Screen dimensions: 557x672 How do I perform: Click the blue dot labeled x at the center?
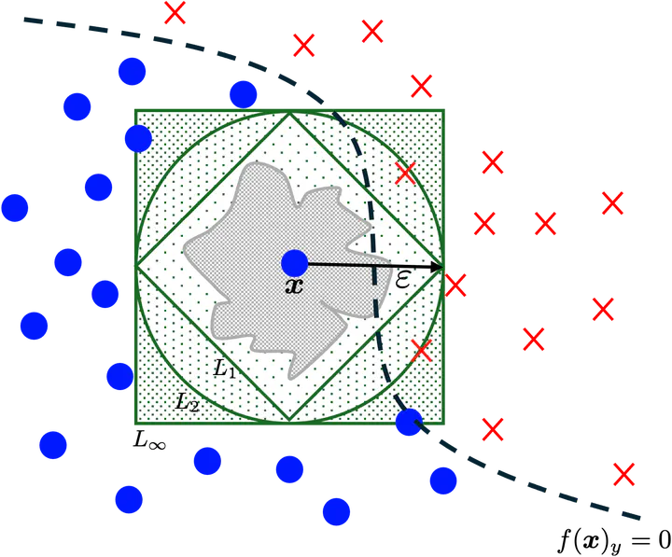(294, 263)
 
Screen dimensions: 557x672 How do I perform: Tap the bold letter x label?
(294, 285)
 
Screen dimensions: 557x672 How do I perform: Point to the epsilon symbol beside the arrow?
(403, 279)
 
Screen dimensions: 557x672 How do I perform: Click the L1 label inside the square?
(224, 369)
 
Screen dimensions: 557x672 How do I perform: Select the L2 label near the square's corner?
(187, 402)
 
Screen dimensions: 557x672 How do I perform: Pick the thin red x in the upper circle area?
(405, 173)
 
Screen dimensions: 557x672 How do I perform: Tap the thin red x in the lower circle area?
(421, 351)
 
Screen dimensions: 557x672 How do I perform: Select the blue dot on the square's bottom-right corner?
(409, 424)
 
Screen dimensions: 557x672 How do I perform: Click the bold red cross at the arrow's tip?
(455, 285)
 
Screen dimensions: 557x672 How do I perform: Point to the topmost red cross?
(175, 12)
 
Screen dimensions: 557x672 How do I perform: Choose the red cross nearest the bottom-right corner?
(623, 474)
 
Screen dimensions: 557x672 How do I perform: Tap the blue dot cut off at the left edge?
(13, 207)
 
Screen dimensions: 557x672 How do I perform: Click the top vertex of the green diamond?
(290, 113)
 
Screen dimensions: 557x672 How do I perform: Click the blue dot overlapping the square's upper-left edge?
(136, 139)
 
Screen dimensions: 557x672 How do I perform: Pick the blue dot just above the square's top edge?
(243, 93)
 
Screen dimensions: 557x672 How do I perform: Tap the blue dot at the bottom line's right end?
(336, 511)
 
